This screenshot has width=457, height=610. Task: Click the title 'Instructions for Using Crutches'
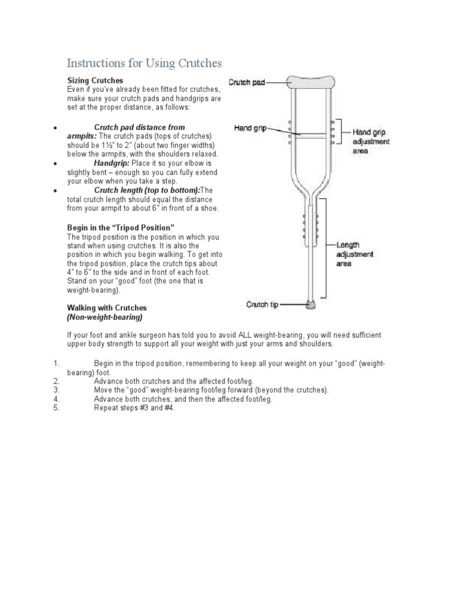pyautogui.click(x=143, y=63)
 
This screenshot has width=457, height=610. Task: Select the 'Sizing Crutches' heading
pyautogui.click(x=95, y=80)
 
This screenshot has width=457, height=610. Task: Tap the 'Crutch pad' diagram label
pyautogui.click(x=247, y=83)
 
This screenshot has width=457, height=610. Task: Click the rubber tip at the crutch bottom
pyautogui.click(x=311, y=306)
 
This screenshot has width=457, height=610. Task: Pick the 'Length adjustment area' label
pyautogui.click(x=355, y=254)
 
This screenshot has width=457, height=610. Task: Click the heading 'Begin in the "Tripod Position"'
pyautogui.click(x=120, y=228)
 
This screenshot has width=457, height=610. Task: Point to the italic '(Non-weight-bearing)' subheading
pyautogui.click(x=104, y=317)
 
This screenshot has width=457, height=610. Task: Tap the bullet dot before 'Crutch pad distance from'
pyautogui.click(x=55, y=127)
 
